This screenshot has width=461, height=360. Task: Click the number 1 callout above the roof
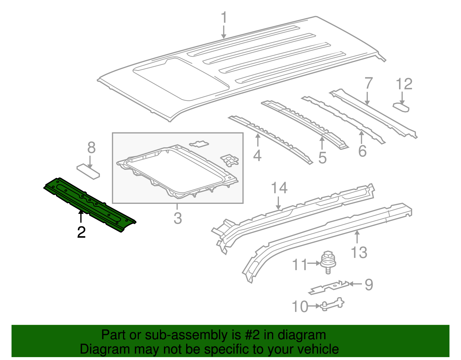point(224,18)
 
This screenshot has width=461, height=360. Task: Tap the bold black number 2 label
point(81,232)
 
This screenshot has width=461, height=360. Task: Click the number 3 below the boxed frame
point(178,218)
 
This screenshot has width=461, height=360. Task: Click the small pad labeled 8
point(88,171)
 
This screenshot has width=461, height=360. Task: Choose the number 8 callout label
point(91,148)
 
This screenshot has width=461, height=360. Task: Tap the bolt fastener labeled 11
point(328,261)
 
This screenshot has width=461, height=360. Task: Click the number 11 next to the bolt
point(300,265)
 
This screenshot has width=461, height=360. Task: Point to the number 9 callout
point(369,284)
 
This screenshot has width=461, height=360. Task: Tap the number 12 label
point(404,84)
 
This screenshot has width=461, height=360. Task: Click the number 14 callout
point(279,188)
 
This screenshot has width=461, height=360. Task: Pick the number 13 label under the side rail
point(359,252)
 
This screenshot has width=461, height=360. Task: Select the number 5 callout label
point(322,158)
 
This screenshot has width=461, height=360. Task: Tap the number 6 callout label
point(362,151)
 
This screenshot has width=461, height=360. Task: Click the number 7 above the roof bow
point(369,84)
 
